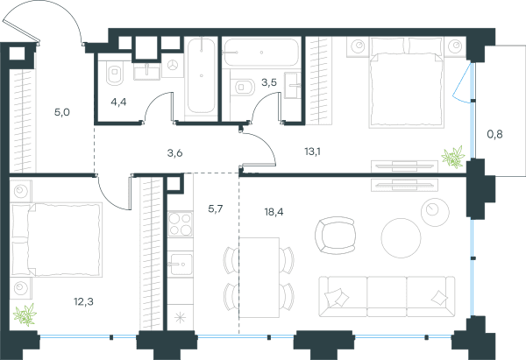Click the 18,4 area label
pyautogui.click(x=274, y=212)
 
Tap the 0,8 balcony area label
pyautogui.click(x=494, y=134)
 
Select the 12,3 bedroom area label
pyautogui.click(x=83, y=302)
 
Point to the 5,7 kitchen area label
pyautogui.click(x=216, y=209)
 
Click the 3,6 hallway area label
pyautogui.click(x=174, y=153)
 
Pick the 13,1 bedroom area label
pyautogui.click(x=312, y=152)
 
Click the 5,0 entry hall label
pyautogui.click(x=62, y=112)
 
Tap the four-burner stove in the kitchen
pyautogui.click(x=180, y=224)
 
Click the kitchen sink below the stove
pyautogui.click(x=180, y=265)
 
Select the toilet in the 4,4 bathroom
pyautogui.click(x=115, y=73)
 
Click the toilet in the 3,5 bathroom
pyautogui.click(x=244, y=87)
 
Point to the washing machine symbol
pyautogui.click(x=173, y=66)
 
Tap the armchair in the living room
pyautogui.click(x=335, y=235)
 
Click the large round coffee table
pyautogui.click(x=401, y=238)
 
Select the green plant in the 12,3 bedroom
pyautogui.click(x=25, y=314)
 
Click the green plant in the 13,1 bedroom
pyautogui.click(x=453, y=157)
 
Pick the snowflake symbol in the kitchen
pyautogui.click(x=180, y=317)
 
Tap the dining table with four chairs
pyautogui.click(x=259, y=278)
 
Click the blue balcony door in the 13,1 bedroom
pyautogui.click(x=462, y=84)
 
